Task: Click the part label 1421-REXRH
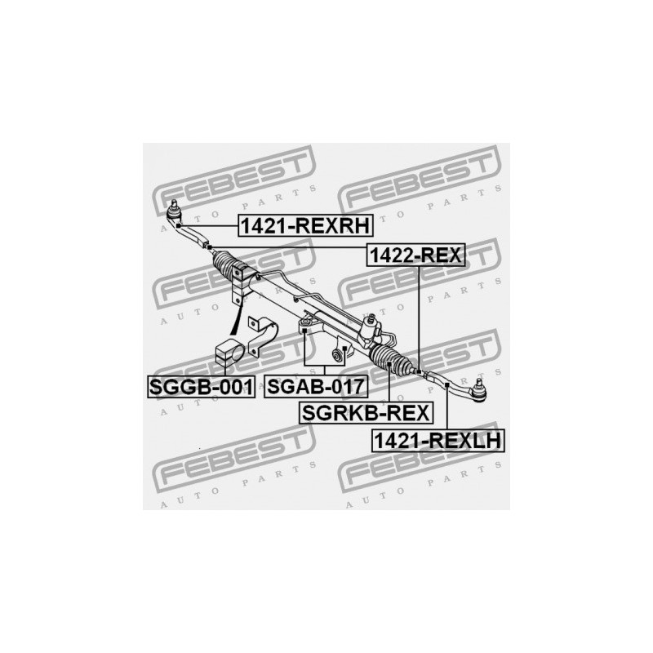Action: (305, 226)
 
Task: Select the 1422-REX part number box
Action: (415, 255)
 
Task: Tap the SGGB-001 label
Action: (201, 387)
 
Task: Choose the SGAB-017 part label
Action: (316, 386)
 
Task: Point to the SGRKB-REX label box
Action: (366, 413)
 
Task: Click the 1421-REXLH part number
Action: (438, 441)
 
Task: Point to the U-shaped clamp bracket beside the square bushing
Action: (261, 335)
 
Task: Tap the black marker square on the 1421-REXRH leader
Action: (178, 225)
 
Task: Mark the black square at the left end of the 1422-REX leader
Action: (210, 248)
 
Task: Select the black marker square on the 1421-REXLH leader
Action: (446, 384)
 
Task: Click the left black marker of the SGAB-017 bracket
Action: (304, 331)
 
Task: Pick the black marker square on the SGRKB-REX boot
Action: (389, 363)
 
